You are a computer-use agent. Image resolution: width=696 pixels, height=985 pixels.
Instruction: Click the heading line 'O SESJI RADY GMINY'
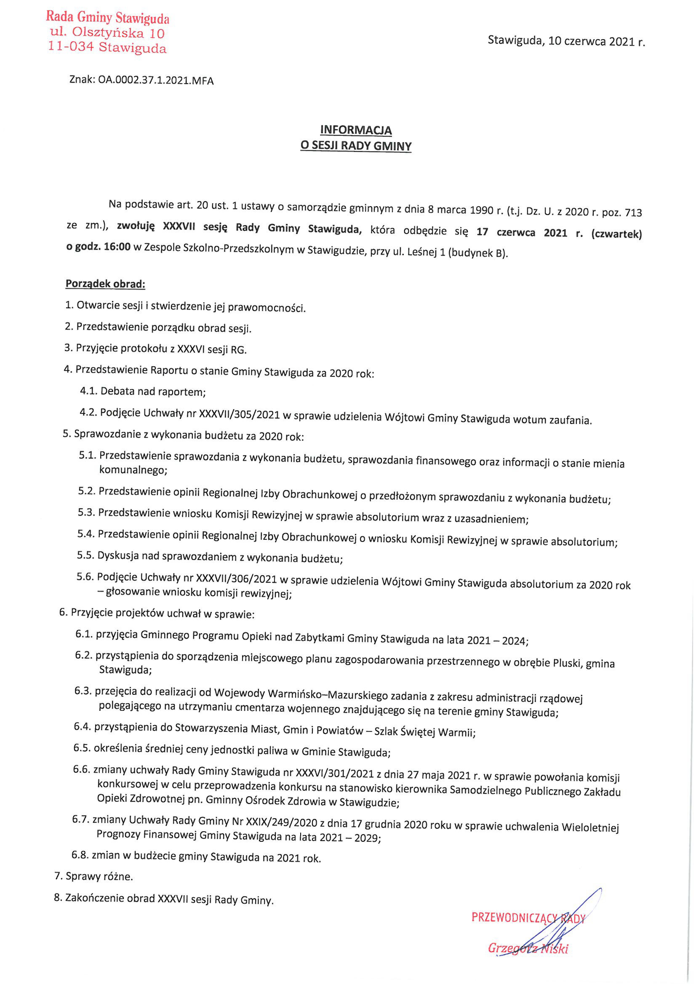click(x=356, y=146)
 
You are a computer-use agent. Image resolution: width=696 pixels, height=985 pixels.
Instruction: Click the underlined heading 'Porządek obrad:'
click(x=105, y=284)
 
